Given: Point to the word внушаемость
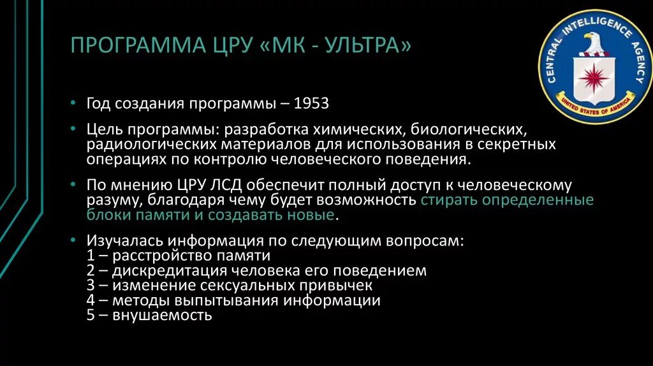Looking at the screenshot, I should (162, 315).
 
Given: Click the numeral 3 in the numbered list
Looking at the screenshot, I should (90, 286).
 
